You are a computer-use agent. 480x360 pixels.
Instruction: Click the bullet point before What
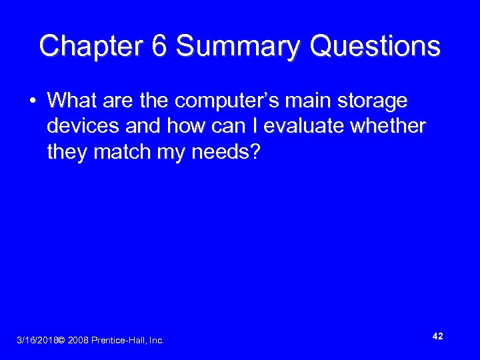(x=32, y=101)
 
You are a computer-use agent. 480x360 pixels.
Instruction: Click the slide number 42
(x=437, y=337)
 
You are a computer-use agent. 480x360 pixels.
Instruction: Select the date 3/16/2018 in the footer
(x=36, y=341)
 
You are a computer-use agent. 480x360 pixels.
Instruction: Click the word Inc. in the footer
(x=157, y=341)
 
